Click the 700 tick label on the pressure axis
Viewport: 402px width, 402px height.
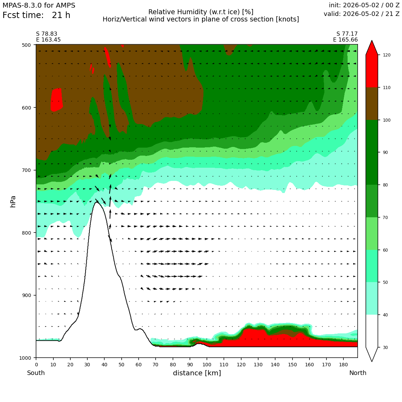click(26, 170)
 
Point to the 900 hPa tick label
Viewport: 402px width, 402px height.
click(26, 295)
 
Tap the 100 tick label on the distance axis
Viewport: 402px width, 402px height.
click(207, 365)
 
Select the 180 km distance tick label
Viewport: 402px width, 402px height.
click(343, 365)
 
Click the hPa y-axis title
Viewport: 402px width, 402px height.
click(13, 201)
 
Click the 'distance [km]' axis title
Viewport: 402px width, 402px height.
click(197, 373)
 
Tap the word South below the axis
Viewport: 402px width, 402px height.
click(36, 373)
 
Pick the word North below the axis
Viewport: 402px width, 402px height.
click(358, 373)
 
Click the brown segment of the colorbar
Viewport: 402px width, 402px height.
click(372, 104)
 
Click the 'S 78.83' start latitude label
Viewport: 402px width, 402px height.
click(47, 34)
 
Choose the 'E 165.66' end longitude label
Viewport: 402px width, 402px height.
click(346, 40)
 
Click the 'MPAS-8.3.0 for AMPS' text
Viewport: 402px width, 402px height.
click(39, 6)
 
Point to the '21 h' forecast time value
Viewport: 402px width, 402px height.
click(61, 15)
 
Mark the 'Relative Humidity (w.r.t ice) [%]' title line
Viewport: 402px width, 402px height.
click(201, 12)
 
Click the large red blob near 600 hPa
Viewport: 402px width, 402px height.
click(56, 100)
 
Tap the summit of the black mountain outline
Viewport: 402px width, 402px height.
click(97, 202)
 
